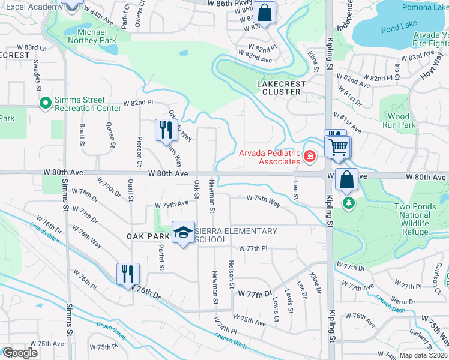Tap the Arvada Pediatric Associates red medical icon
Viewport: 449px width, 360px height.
309,157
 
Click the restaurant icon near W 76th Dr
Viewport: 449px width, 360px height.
128,274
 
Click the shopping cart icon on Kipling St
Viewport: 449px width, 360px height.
338,146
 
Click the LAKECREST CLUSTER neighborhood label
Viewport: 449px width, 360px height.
282,88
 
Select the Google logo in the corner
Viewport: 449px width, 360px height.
19,352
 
